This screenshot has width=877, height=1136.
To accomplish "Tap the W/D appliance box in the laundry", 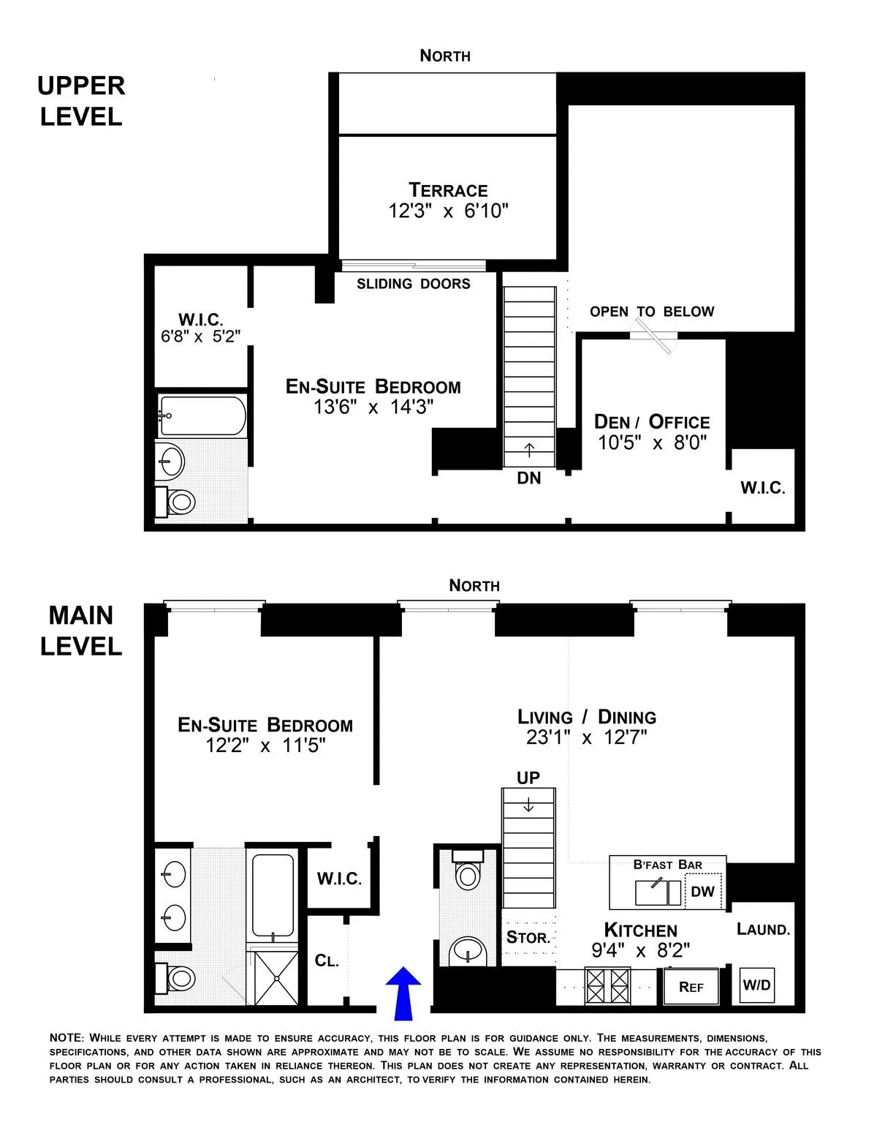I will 756,985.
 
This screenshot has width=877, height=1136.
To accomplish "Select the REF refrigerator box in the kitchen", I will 691,987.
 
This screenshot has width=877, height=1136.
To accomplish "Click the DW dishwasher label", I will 702,892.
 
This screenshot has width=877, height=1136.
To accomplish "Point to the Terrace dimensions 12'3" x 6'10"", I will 448,211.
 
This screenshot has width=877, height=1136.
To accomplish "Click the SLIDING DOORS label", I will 414,284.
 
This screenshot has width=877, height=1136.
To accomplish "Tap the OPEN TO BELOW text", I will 652,312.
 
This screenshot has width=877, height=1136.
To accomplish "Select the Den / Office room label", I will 652,422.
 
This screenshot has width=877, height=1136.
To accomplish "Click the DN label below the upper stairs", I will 528,479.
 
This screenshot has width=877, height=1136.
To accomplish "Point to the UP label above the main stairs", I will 528,778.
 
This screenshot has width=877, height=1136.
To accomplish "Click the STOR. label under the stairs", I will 528,937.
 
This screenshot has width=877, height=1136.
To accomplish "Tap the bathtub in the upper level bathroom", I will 202,415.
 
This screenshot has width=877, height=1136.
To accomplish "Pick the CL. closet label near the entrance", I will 327,960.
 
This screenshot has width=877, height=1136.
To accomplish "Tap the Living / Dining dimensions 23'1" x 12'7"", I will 587,737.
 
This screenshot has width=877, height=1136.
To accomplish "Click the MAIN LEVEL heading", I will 81,631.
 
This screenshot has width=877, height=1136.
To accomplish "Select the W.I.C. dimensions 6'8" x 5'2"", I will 201,336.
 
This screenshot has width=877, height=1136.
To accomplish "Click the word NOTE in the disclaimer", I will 67,1038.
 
